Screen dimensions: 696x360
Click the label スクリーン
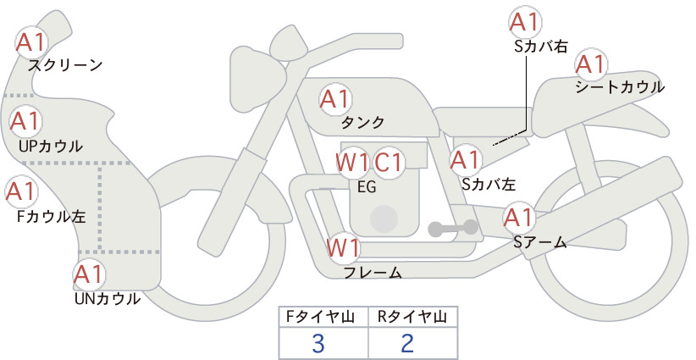65,66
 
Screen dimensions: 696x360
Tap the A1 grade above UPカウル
25,121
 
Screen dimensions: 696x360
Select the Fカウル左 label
52,217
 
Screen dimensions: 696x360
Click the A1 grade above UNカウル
89,274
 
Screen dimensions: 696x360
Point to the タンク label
362,122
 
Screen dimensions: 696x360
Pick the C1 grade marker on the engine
389,163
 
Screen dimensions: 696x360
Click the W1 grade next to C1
352,163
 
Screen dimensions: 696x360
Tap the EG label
367,187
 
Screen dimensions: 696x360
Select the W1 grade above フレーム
343,248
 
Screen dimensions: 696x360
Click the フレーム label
373,272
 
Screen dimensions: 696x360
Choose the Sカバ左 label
489,184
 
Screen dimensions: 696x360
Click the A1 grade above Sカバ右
525,22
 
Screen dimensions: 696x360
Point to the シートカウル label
620,86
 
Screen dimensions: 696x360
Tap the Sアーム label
540,242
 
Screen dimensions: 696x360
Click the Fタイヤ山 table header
323,317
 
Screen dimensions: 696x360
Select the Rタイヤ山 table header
412,317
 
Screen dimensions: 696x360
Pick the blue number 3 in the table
318,343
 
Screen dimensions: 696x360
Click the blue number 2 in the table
407,343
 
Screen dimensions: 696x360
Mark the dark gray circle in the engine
384,219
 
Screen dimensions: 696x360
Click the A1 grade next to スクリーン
31,42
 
